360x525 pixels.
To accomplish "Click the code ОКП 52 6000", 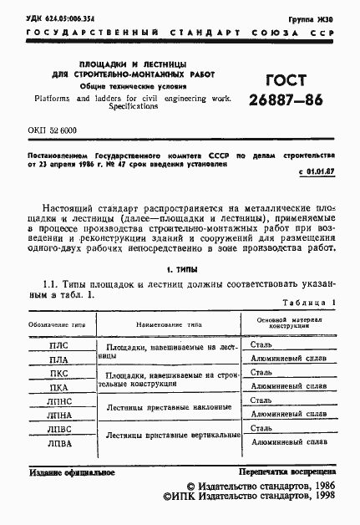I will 52,132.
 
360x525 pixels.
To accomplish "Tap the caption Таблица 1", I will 308,303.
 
